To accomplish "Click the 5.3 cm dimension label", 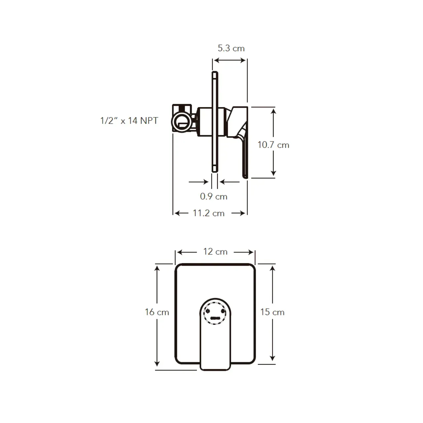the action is coord(231,48).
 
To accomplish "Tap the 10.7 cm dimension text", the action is coord(273,145).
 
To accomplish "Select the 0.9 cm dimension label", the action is coord(213,196).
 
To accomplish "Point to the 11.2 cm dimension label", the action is coord(209,213).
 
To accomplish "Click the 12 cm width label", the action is coord(215,251).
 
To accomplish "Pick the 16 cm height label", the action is coord(157,312).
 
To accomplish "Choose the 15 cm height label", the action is coord(272,312).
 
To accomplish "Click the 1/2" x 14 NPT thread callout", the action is coord(129,121).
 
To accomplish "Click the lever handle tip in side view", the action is coord(245,177).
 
